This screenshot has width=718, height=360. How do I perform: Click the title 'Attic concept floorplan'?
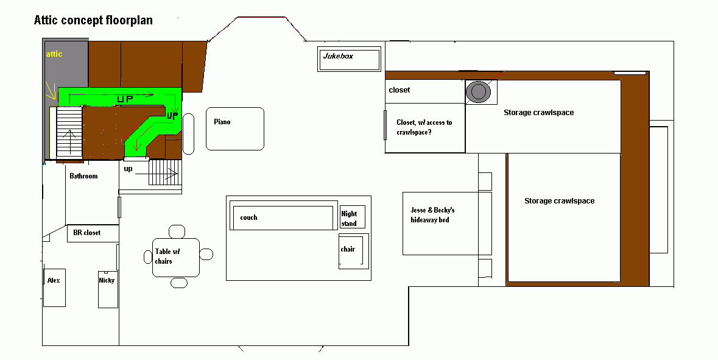[x=93, y=20]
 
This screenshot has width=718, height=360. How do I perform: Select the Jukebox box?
[x=350, y=59]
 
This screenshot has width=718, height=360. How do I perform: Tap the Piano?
[x=235, y=129]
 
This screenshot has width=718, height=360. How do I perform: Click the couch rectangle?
[x=283, y=217]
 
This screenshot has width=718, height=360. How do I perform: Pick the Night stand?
[x=353, y=217]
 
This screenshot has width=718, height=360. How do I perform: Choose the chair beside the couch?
[x=353, y=251]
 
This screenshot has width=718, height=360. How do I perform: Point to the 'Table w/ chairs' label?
[x=167, y=256]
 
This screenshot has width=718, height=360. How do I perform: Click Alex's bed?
[x=54, y=288]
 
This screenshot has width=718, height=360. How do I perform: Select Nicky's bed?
[x=108, y=289]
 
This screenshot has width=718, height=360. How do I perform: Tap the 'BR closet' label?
[x=87, y=233]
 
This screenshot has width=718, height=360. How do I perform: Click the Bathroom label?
[x=83, y=176]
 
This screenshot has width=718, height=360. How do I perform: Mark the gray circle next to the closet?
[x=478, y=91]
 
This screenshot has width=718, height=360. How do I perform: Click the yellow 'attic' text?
[x=54, y=54]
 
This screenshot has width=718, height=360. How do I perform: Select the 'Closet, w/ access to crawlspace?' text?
[x=424, y=127]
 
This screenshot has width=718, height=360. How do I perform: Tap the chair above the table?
[x=177, y=231]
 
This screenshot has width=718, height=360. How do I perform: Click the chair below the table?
[x=179, y=283]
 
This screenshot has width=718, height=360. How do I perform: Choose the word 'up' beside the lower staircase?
[x=128, y=169]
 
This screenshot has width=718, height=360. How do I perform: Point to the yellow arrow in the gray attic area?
[x=50, y=91]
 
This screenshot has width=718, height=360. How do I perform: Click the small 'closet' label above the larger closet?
[x=399, y=90]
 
